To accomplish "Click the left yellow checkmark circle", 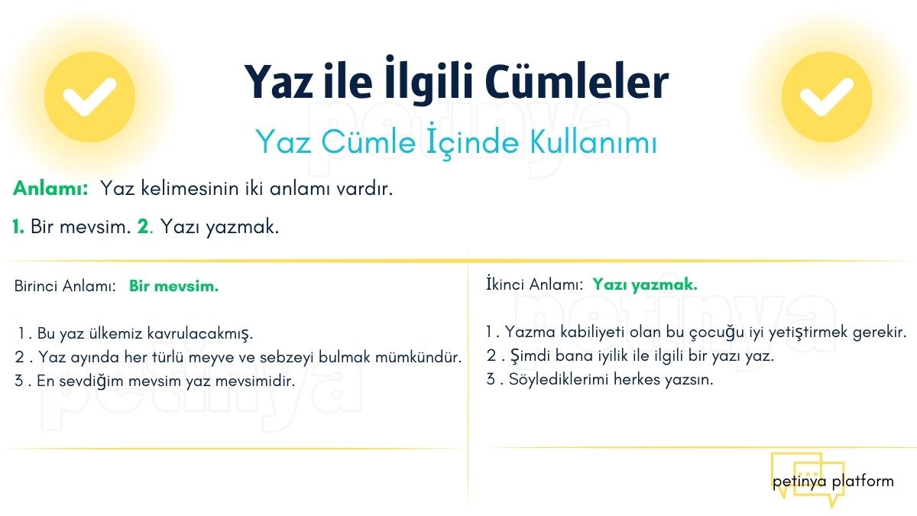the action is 89,97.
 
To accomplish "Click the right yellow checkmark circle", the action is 827,97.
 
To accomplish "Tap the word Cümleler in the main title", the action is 577,82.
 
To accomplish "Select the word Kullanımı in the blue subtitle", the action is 594,141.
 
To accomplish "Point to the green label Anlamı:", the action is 50,188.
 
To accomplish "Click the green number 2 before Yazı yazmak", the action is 144,226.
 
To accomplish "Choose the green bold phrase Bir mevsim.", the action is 173,286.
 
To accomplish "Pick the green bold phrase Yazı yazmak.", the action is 645,284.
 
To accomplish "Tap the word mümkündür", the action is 418,357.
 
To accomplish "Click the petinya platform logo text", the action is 833,481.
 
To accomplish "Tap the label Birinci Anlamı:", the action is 65,286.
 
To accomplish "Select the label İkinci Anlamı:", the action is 534,284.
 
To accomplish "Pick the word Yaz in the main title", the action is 279,82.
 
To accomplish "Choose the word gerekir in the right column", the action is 880,332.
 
